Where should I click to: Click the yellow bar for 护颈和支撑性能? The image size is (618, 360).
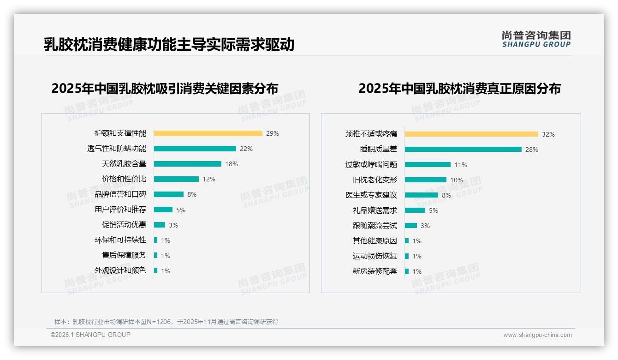(208, 133)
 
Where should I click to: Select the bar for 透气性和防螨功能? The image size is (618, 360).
(195, 149)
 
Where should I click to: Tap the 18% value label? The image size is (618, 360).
(232, 164)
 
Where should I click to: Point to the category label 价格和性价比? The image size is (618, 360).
(124, 179)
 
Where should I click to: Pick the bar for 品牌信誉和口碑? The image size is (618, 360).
(168, 194)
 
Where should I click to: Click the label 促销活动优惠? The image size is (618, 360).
(124, 225)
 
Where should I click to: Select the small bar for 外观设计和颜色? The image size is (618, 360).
(156, 270)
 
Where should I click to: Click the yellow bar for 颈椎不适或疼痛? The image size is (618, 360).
(471, 134)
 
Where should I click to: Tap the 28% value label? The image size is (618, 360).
(531, 150)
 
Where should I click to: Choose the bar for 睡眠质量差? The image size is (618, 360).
(463, 150)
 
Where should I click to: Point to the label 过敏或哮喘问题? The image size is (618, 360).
(371, 165)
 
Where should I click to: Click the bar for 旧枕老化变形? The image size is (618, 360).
(425, 180)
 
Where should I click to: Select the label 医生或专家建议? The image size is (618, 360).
(371, 195)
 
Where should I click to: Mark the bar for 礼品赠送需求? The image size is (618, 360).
(415, 210)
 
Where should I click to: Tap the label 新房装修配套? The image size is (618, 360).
(374, 271)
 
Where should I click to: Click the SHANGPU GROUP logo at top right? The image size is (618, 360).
(536, 39)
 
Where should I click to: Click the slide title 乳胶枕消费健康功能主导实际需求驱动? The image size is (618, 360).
(169, 45)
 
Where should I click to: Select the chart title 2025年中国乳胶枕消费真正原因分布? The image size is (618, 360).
(459, 89)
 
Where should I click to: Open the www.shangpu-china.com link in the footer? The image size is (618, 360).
(537, 335)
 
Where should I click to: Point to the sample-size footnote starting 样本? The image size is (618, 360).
(166, 322)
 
